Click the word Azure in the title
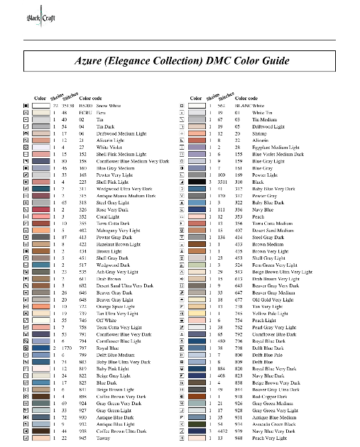[90, 62]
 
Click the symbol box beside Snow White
[26, 104]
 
